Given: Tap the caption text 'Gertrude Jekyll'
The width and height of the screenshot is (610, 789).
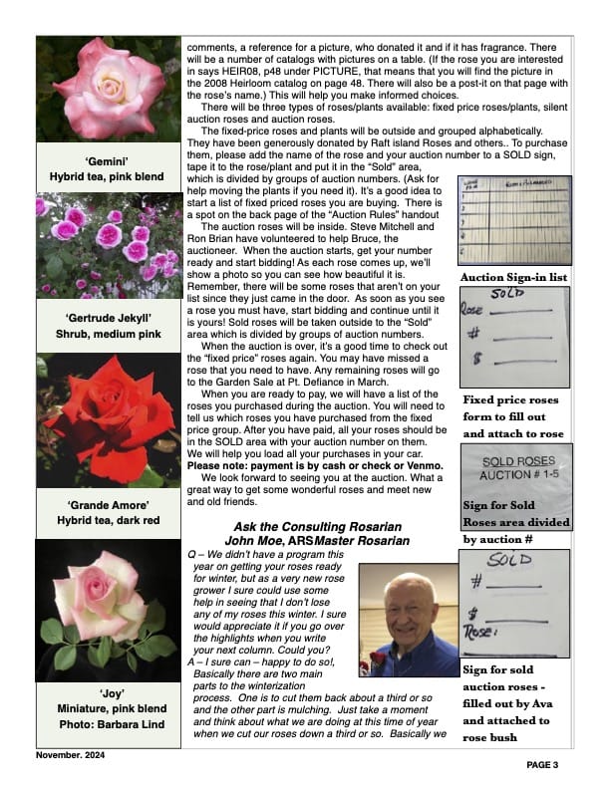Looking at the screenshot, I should [110, 319].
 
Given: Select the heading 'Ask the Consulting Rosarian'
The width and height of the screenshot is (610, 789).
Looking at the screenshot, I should [317, 527].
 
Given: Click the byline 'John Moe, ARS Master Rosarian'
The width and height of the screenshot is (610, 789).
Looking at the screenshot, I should [317, 541].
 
